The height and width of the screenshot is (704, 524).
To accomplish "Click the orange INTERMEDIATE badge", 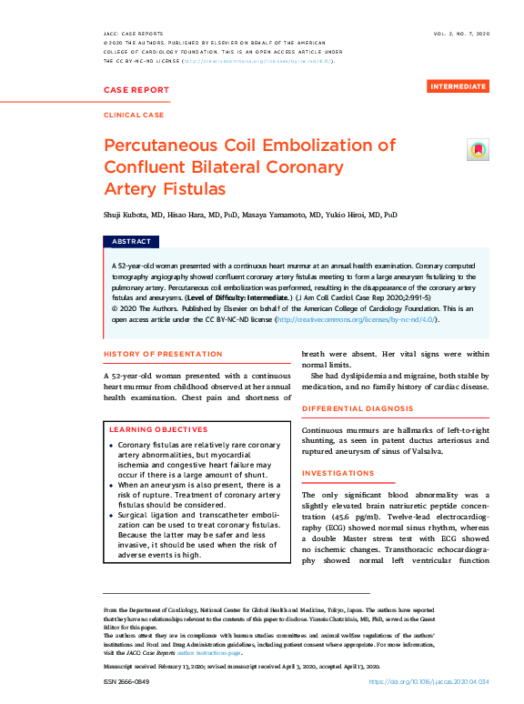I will (x=458, y=86).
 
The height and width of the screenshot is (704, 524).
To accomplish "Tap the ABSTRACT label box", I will (x=131, y=242).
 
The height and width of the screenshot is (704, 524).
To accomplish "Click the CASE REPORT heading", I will (x=136, y=90).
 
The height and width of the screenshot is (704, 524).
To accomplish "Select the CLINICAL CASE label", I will (x=135, y=116).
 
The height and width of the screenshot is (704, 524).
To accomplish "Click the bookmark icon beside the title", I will (x=477, y=151).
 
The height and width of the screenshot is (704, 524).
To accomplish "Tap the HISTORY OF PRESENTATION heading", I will (x=163, y=354).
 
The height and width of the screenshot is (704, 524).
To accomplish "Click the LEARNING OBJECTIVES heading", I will (x=158, y=428).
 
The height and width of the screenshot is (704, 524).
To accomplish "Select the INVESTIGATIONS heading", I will (x=338, y=474).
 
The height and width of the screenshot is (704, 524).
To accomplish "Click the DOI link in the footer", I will (x=428, y=681).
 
